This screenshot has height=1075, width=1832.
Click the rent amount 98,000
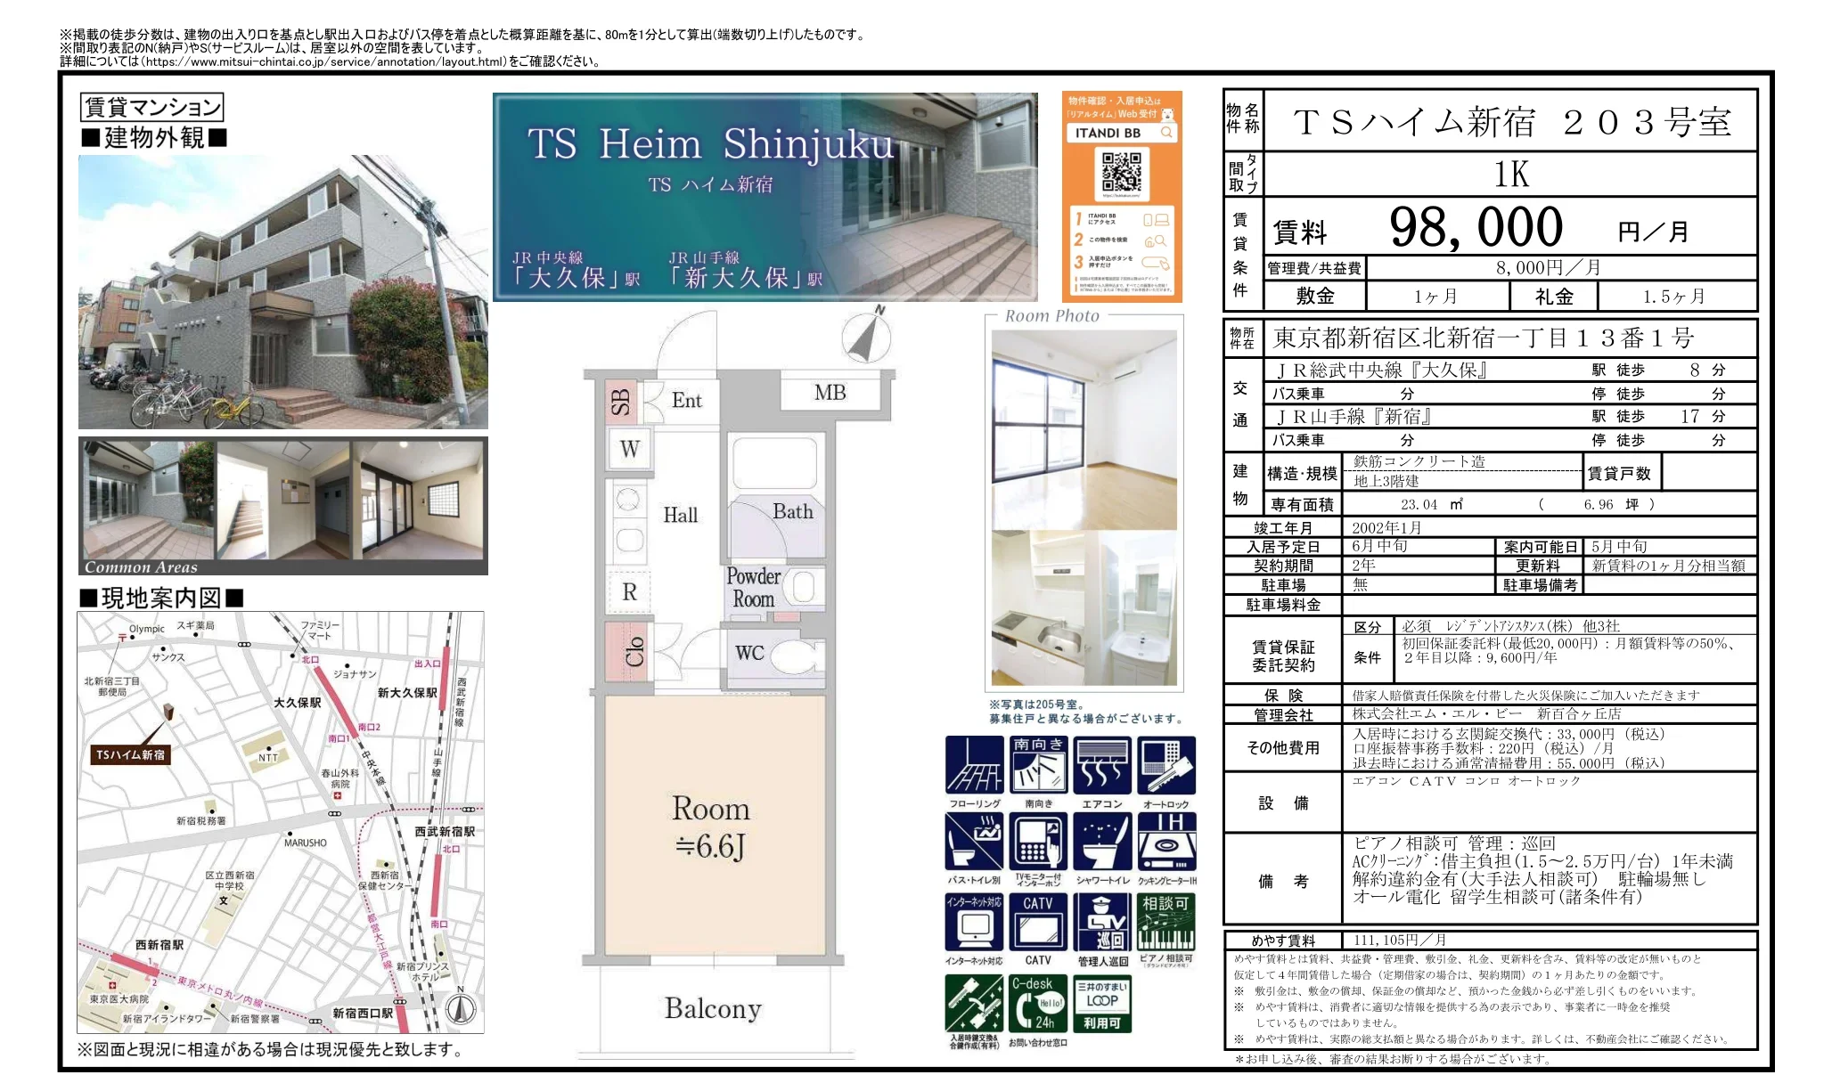point(1476,227)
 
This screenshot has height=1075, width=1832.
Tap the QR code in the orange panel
point(1121,172)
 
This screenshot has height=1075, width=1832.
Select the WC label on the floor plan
point(749,653)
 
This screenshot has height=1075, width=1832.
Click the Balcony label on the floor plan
point(713,1008)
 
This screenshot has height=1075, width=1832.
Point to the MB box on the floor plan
point(830,393)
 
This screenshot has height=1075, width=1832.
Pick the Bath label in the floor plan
point(792,511)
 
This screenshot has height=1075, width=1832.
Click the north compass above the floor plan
point(867,338)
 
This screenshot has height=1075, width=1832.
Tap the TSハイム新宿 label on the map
point(130,754)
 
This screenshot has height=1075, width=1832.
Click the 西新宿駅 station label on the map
point(159,944)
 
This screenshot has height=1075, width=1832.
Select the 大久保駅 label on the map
point(298,703)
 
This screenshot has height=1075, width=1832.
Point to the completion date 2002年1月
point(1386,527)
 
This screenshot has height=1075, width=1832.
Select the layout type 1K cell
point(1510,175)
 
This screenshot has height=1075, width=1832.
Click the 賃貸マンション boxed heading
point(151,107)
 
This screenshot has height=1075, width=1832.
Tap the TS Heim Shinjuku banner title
point(709,144)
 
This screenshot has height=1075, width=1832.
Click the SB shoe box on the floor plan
point(620,403)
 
